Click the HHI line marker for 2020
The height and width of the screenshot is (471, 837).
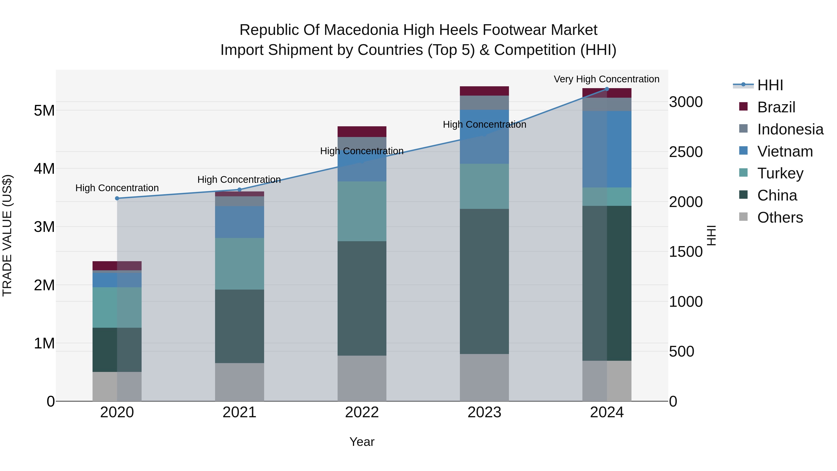point(117,198)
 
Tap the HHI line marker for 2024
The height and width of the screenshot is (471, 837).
point(607,89)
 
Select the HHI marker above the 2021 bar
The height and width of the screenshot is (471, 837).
point(239,190)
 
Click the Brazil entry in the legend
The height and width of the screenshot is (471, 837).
point(776,107)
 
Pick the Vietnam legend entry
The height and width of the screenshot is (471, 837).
point(785,151)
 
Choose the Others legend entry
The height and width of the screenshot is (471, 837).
point(780,217)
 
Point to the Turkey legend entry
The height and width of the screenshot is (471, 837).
point(780,173)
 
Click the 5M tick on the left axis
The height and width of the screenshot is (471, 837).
point(44,110)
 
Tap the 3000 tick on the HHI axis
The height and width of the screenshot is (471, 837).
point(686,102)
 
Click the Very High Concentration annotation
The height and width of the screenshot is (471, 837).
point(606,79)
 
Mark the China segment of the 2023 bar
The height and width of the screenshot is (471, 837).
point(484,281)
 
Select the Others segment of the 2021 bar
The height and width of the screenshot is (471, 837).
point(239,382)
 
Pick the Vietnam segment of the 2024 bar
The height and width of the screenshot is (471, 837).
point(607,149)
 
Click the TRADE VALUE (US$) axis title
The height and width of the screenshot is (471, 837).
point(7,235)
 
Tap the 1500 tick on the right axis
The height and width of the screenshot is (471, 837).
point(686,252)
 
